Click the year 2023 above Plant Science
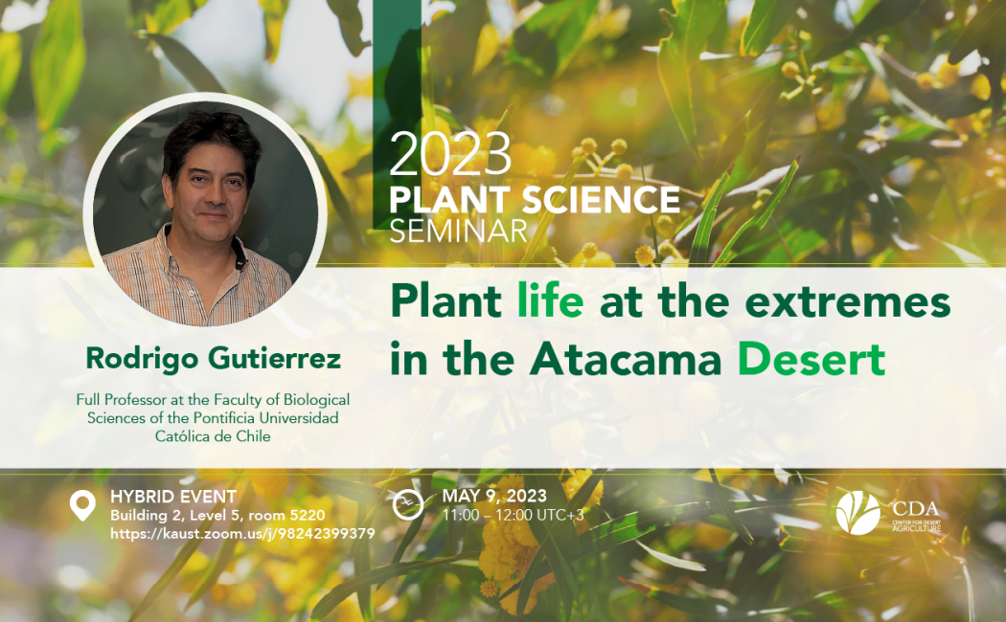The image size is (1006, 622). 449,155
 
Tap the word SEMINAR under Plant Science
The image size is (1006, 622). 458,232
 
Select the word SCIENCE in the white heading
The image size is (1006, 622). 601,199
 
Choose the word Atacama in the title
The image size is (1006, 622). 626,360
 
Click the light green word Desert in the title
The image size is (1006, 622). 812,360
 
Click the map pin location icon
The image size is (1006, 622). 82,504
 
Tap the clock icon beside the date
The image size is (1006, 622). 408,504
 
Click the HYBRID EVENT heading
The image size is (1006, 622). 173,497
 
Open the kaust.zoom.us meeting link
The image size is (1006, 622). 242,534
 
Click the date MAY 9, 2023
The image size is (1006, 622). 494,496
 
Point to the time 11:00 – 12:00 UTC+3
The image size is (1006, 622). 513,515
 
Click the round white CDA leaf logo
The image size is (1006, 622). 857,513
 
